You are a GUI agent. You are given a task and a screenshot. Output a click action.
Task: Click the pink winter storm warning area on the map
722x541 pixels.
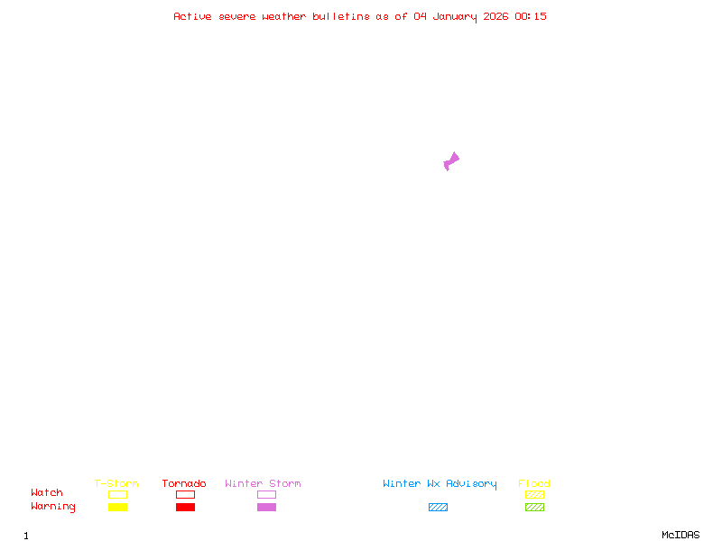451,161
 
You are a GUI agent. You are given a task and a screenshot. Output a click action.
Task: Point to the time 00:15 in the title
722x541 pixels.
531,16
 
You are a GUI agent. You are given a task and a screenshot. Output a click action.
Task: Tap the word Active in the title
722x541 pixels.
192,16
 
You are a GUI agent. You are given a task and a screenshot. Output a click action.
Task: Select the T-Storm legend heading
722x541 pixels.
116,484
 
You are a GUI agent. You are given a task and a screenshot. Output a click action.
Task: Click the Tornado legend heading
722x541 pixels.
184,484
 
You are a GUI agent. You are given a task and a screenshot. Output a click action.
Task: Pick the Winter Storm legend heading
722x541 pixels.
263,484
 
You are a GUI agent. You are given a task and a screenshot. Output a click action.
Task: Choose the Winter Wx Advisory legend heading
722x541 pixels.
440,484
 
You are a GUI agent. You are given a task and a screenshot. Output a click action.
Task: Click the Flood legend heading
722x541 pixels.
534,484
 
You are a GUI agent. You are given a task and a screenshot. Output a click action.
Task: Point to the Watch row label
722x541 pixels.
47,493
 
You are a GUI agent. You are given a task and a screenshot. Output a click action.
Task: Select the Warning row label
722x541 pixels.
53,507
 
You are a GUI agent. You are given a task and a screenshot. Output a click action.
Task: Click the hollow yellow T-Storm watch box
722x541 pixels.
117,494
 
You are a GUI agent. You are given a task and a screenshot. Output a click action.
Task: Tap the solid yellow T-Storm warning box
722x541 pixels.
117,507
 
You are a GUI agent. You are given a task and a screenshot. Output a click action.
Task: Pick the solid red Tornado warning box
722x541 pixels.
185,507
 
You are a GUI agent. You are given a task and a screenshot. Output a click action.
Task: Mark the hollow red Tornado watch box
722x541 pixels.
185,494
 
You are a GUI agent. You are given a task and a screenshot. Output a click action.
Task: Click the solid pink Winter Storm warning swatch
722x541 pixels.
266,507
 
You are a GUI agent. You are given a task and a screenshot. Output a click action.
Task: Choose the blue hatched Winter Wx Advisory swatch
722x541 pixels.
438,507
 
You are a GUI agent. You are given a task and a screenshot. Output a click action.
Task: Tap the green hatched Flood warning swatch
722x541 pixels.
534,507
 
